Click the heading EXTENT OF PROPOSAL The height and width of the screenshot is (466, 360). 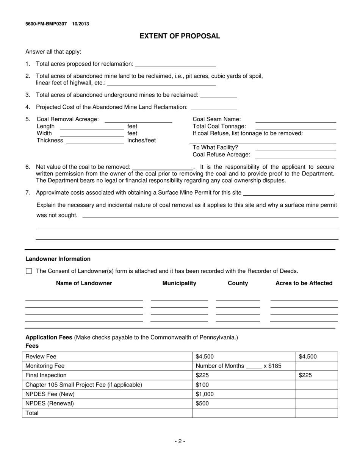[x=180, y=36]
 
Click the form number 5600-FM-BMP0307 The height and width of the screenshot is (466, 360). [x=46, y=24]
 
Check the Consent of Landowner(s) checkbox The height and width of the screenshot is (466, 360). [x=29, y=271]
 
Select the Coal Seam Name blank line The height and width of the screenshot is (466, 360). [x=296, y=120]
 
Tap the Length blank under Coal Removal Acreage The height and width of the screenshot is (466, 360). [x=92, y=127]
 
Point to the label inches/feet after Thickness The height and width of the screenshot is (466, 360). [x=141, y=141]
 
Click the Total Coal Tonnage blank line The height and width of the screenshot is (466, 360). [x=296, y=127]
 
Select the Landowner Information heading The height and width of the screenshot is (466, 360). [x=58, y=259]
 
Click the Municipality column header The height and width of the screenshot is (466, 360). [x=179, y=283]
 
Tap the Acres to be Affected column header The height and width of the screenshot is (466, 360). [x=304, y=283]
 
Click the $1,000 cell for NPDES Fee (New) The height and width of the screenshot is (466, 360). [x=205, y=394]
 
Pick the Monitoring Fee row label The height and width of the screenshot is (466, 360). [x=45, y=366]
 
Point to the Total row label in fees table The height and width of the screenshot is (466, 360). [x=32, y=413]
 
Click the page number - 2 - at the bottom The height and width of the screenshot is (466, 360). [x=180, y=441]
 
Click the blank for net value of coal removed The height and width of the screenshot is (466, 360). [x=162, y=167]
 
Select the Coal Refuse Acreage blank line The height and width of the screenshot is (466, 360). [x=296, y=155]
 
